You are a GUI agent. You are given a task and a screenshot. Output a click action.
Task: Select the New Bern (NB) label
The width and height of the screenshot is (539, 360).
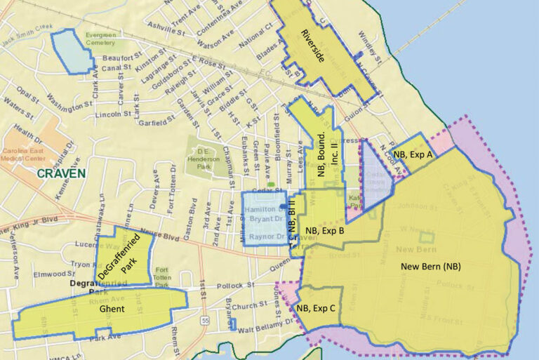430,267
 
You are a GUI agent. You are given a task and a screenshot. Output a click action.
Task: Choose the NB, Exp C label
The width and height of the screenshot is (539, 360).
316,307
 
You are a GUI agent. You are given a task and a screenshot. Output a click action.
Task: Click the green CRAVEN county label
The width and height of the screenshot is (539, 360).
62,173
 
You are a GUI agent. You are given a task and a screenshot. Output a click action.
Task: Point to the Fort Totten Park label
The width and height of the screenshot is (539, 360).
162,277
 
